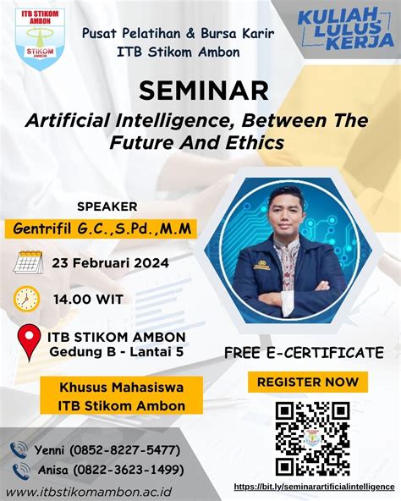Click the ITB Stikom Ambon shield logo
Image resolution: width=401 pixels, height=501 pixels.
pyautogui.click(x=41, y=39)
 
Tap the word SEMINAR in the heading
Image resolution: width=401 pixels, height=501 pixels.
pyautogui.click(x=204, y=91)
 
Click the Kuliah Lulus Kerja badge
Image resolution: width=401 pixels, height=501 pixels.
pyautogui.click(x=345, y=30)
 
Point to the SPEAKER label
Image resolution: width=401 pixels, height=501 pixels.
pyautogui.click(x=107, y=206)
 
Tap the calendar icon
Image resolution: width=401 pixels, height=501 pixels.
pyautogui.click(x=28, y=262)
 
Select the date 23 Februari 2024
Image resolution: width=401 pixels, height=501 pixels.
pyautogui.click(x=111, y=263)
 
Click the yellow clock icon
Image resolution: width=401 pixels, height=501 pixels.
pyautogui.click(x=26, y=299)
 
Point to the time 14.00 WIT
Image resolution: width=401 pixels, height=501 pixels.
pyautogui.click(x=88, y=300)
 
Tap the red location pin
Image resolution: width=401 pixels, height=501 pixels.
pyautogui.click(x=29, y=343)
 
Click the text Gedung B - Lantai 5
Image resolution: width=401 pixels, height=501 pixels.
pyautogui.click(x=117, y=352)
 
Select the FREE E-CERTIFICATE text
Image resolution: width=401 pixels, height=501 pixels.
pyautogui.click(x=304, y=353)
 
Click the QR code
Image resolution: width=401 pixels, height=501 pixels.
pyautogui.click(x=313, y=438)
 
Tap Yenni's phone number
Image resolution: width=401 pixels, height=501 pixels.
pyautogui.click(x=125, y=450)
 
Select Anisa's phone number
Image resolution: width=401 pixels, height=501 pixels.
pyautogui.click(x=129, y=470)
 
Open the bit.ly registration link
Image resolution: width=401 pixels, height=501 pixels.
pyautogui.click(x=315, y=487)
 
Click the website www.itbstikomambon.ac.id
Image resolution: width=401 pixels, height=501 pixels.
pyautogui.click(x=89, y=492)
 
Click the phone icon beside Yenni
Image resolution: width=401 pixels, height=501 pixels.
pyautogui.click(x=19, y=450)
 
